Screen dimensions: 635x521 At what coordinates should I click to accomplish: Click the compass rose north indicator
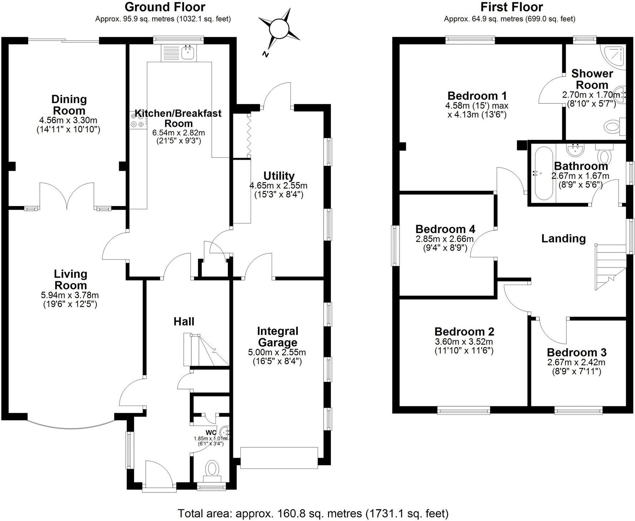279,29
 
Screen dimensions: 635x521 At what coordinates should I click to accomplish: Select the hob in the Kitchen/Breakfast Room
138,119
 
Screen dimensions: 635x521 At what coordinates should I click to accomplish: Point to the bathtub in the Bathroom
544,173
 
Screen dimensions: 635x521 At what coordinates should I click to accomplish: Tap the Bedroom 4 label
445,229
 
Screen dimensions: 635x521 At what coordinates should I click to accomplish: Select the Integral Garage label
278,337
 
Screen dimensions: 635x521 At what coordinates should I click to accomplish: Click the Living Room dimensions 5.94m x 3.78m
70,295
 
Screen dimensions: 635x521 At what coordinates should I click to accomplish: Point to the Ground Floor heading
165,7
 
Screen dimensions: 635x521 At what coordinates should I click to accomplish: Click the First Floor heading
512,7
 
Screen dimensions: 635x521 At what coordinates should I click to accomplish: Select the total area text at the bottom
313,513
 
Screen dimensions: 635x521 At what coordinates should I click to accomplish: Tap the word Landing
563,239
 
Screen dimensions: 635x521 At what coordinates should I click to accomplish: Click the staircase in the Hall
206,349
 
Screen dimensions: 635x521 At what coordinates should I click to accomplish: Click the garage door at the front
279,458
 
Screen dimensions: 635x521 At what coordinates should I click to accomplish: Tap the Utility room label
279,176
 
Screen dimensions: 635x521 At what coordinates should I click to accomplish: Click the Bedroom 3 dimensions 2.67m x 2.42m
576,362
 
